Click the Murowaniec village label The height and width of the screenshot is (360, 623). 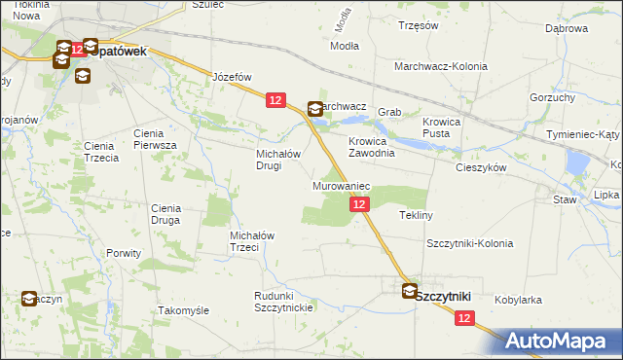tap(340, 185)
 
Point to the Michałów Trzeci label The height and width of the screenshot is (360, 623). tap(257, 240)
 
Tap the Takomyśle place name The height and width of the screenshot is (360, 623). tap(184, 310)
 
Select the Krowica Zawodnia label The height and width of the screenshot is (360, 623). tap(372, 147)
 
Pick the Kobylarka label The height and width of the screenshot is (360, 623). tap(518, 301)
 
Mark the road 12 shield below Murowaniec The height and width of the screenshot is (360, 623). tap(359, 204)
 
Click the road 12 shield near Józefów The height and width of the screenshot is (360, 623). tap(275, 99)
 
